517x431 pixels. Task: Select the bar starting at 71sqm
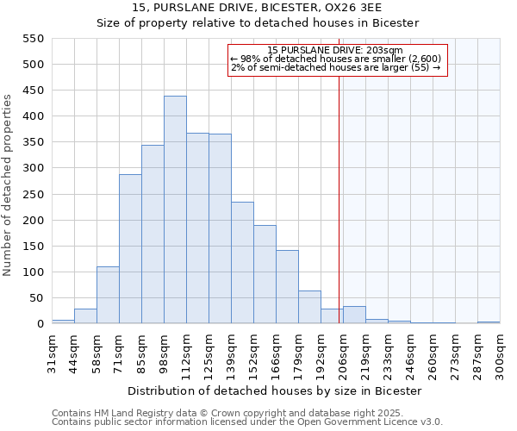pos(130,249)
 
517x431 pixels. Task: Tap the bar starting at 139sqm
pos(242,263)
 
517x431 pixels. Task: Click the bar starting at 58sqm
pos(108,295)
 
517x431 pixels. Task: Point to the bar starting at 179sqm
pos(309,307)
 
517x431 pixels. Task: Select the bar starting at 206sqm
pos(354,315)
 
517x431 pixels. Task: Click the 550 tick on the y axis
pos(32,39)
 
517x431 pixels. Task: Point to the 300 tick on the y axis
pos(32,169)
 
